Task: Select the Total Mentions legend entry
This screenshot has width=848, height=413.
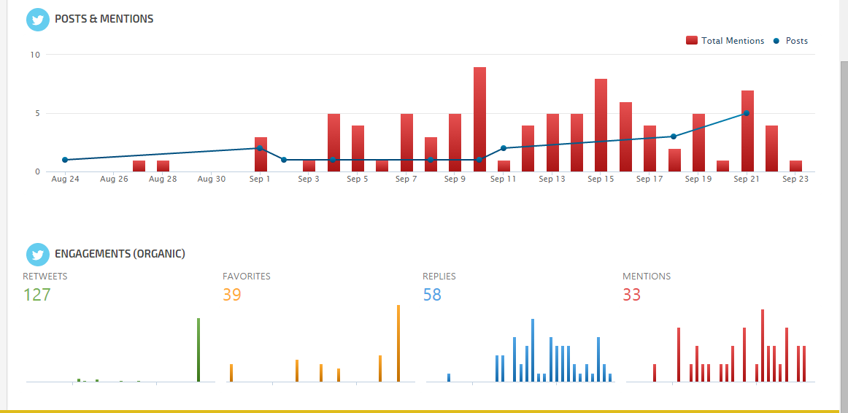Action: [725, 41]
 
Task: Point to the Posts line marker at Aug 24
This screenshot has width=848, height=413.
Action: [65, 160]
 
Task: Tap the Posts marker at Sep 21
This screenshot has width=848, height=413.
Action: [746, 113]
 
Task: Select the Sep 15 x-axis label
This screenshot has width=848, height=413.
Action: [601, 179]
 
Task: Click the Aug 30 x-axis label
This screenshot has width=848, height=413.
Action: [211, 179]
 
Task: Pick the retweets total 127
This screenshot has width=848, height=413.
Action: [36, 295]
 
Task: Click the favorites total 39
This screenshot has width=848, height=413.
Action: [232, 295]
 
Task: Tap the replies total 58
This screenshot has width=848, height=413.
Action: [432, 295]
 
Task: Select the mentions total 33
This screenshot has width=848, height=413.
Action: [632, 295]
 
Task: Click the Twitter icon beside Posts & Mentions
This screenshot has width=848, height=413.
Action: [37, 20]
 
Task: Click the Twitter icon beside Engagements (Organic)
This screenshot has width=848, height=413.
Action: [37, 254]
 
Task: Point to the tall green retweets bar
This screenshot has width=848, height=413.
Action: [198, 350]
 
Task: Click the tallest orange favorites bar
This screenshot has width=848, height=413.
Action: [398, 343]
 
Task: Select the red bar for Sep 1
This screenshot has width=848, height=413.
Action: [261, 154]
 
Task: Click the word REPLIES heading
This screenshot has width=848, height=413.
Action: [439, 277]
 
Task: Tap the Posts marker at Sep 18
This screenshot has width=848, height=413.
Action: [674, 136]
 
